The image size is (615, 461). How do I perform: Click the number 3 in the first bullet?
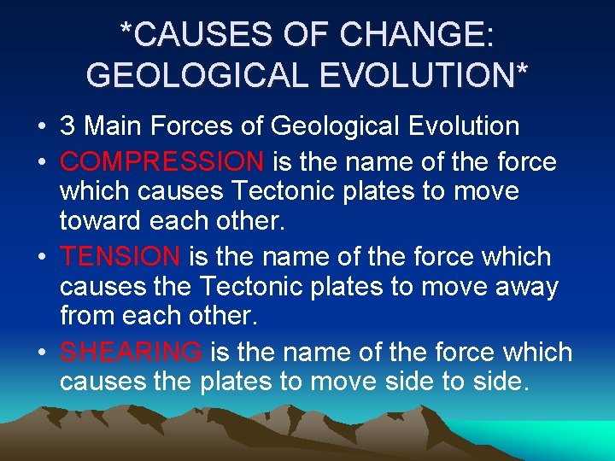67,126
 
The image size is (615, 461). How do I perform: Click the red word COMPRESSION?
161,161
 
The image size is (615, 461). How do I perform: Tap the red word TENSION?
120,256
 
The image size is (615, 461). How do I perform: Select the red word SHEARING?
131,352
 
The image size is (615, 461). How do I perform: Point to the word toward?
98,221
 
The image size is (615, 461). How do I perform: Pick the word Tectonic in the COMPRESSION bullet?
273,190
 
